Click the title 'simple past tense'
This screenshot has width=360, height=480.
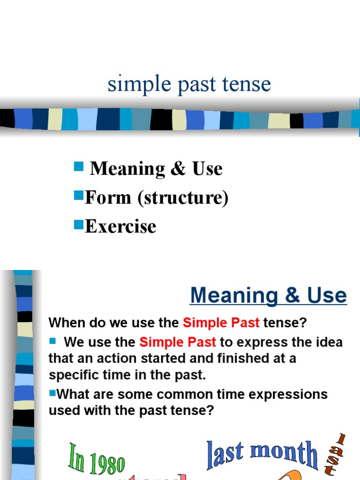pos(189,84)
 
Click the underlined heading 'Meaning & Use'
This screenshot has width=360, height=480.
pos(268,295)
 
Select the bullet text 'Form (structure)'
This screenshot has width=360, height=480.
pos(157,198)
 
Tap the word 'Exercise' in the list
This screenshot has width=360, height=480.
pos(120,226)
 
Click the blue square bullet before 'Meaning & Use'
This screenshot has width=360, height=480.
pos(78,166)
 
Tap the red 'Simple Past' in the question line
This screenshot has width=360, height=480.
pos(221,323)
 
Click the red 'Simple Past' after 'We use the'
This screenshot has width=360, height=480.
pos(178,342)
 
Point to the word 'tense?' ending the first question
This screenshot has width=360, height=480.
pos(285,323)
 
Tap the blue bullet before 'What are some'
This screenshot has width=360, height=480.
pos(52,392)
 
